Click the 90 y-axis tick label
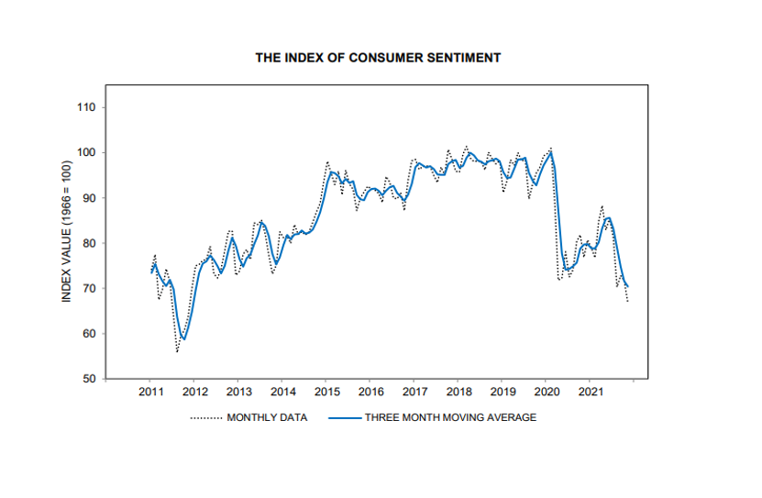(89, 198)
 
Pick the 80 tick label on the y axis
(89, 243)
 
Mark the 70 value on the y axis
(89, 288)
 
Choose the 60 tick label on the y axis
(89, 333)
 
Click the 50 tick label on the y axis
(89, 378)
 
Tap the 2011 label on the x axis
(151, 393)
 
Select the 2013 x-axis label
(238, 393)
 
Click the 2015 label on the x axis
(326, 393)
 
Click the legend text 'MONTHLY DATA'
(267, 417)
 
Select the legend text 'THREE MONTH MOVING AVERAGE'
(450, 417)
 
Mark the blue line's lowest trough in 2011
(184, 339)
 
